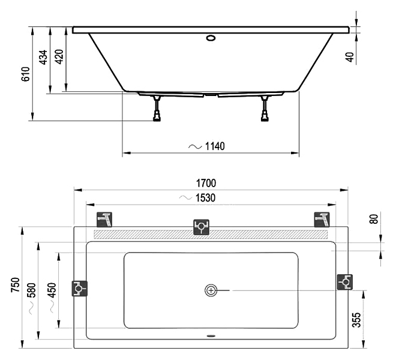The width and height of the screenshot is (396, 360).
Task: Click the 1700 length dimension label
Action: click(206, 183)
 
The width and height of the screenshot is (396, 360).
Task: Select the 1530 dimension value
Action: click(206, 197)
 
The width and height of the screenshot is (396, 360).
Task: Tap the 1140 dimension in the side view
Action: click(215, 146)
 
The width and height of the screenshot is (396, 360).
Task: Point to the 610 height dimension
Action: click(26, 74)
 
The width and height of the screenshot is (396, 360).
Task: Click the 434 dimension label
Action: click(43, 58)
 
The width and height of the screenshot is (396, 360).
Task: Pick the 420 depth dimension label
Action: click(59, 57)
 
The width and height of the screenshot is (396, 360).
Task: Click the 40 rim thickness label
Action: click(350, 57)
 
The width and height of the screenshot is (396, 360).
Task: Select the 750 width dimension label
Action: click(16, 285)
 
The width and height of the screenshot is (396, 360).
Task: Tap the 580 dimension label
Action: click(32, 290)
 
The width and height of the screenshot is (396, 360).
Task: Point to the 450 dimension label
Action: click(52, 290)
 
